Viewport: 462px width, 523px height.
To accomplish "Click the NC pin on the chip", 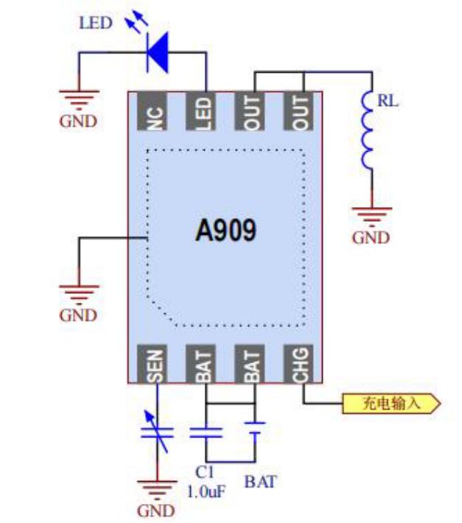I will click(x=156, y=112).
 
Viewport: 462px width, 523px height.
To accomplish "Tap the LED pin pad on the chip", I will click(x=205, y=112).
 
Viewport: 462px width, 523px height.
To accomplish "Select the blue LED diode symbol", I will click(x=157, y=52).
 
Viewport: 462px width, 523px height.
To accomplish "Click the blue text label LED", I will click(x=96, y=23).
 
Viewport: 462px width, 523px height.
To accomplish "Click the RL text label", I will click(x=388, y=102).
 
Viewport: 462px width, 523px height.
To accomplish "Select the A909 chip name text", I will click(x=225, y=231).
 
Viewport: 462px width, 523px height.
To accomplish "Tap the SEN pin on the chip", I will click(x=156, y=364).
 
